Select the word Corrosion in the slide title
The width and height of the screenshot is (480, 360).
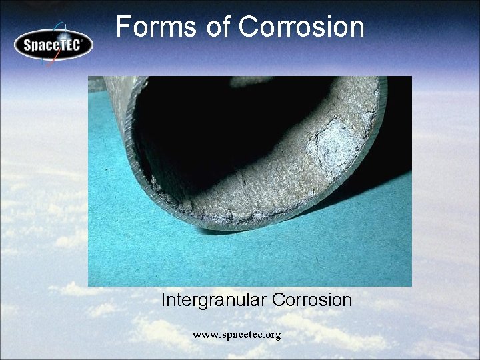301,27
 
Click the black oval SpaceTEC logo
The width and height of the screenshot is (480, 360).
53,45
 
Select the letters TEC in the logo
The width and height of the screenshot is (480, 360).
71,45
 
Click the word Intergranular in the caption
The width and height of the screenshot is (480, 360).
213,300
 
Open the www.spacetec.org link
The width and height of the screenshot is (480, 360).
237,335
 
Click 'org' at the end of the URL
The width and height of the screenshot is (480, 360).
273,335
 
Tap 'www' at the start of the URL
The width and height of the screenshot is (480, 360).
203,335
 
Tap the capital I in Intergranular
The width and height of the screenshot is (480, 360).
164,300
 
